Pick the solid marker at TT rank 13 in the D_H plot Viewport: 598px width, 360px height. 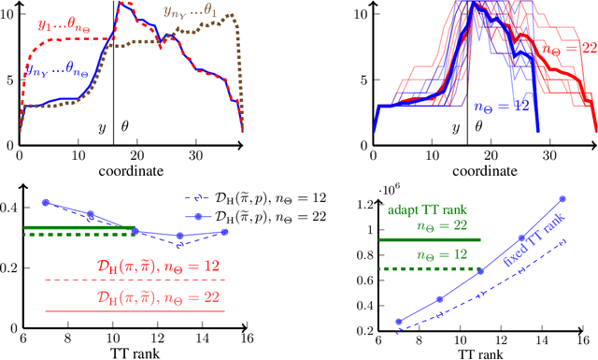point(180,236)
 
